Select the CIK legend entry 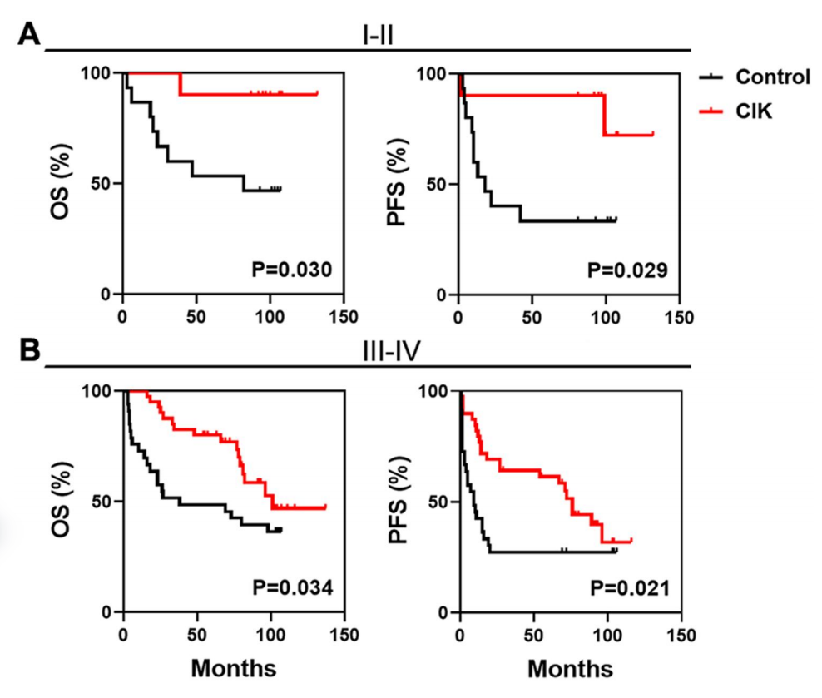point(754,111)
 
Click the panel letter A point(29,35)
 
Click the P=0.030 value point(292,270)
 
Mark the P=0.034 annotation point(293,588)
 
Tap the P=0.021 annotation point(629,588)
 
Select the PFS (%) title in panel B point(403,502)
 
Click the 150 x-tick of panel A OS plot point(344,317)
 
